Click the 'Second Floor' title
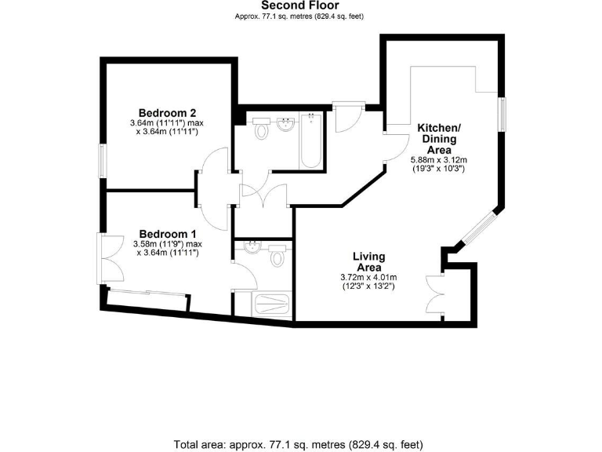301,5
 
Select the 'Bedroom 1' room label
167,233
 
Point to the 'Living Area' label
368,261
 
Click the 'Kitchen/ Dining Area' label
438,138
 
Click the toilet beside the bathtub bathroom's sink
261,131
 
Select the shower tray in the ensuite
271,305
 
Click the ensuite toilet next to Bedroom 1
277,257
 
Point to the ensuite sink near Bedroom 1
252,249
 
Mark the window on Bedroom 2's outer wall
102,162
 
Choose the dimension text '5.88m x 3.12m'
438,159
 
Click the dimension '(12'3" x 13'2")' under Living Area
368,286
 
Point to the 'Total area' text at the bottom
301,444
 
